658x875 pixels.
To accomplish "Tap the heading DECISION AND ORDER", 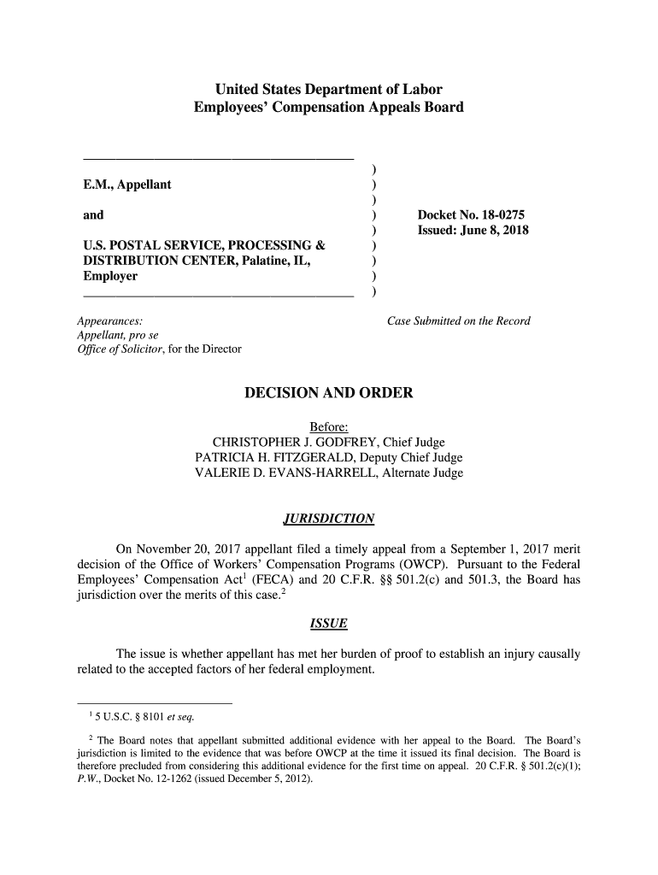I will (x=329, y=393).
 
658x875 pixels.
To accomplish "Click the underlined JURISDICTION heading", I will (x=328, y=519).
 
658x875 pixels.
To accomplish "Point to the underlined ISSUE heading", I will (x=328, y=624).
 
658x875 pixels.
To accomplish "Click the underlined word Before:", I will (x=329, y=426).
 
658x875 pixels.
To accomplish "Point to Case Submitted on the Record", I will (x=459, y=321).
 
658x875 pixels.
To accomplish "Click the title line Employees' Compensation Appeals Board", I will (x=329, y=108).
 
